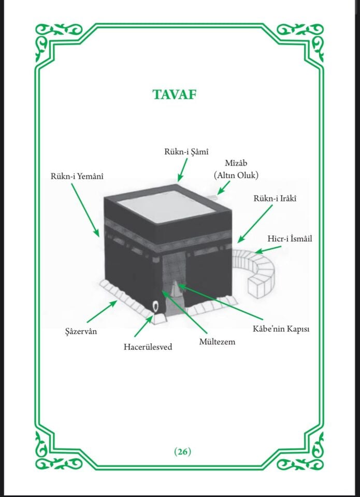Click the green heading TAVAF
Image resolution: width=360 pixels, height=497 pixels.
(x=175, y=94)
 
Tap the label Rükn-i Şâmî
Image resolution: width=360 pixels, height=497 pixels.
(x=186, y=152)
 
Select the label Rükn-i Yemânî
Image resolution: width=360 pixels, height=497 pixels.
(x=77, y=176)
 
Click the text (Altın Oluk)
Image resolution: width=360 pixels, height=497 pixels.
(x=236, y=176)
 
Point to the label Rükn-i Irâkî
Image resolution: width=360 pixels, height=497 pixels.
(x=275, y=198)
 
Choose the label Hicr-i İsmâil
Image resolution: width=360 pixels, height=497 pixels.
(x=290, y=238)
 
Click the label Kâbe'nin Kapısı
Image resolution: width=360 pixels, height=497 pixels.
(x=281, y=329)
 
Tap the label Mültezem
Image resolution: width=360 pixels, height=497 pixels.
(x=217, y=342)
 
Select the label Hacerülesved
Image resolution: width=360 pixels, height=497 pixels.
(x=148, y=347)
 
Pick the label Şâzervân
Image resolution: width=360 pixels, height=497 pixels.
(x=81, y=331)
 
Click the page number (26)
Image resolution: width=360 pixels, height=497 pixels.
(x=183, y=451)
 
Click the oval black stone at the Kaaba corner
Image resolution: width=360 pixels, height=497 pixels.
(x=155, y=306)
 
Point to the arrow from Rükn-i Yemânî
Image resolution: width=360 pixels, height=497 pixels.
(x=85, y=210)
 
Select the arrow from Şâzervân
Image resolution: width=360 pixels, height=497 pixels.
(x=102, y=312)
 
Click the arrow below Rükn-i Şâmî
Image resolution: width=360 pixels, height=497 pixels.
(x=182, y=170)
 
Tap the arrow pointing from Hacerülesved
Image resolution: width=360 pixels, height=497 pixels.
(x=143, y=326)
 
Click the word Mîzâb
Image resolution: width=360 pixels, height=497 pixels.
(x=236, y=163)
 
